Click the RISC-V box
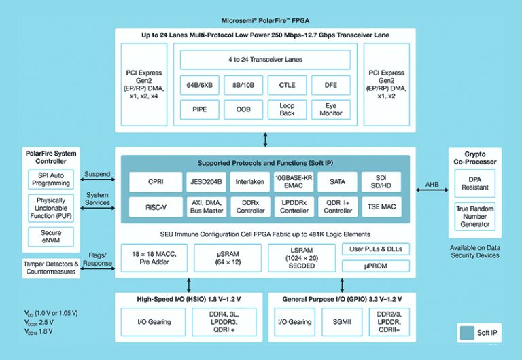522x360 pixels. click(156, 206)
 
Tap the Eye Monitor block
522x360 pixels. click(330, 109)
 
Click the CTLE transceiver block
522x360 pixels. click(287, 85)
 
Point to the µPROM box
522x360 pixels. click(375, 266)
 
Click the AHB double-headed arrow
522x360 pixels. click(432, 191)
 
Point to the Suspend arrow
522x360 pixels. click(97, 180)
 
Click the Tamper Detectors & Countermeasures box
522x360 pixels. click(51, 268)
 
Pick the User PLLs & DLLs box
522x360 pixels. click(375, 249)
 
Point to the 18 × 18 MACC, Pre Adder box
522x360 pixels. click(156, 257)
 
